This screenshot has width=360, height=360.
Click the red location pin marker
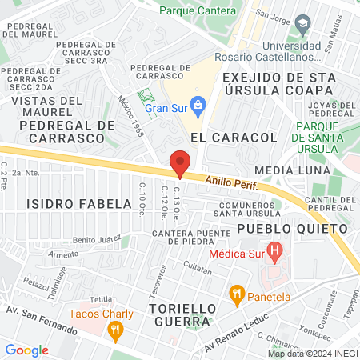pos(180,162)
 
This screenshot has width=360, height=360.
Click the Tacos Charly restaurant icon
pos(117,328)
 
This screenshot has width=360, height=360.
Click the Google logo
pos(26,350)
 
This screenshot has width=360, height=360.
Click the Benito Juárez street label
pos(96,239)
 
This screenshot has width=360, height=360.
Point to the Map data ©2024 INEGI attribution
pos(312,354)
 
